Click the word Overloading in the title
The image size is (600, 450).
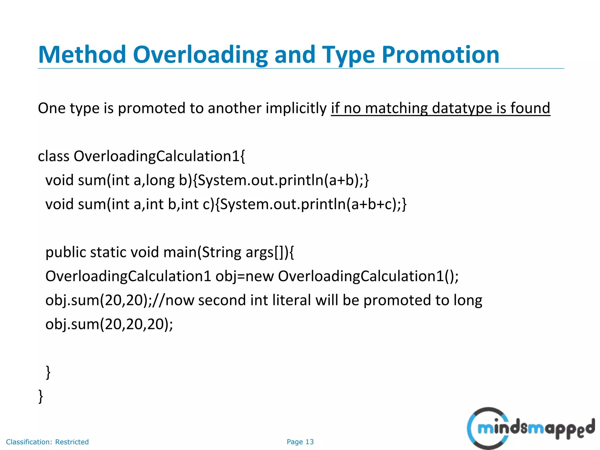coord(200,55)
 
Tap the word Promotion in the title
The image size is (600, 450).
coord(440,55)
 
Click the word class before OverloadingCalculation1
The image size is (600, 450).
coord(54,156)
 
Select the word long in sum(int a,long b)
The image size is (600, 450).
coord(160,180)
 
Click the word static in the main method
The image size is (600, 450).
coord(108,252)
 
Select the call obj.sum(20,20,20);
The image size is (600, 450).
coord(109,324)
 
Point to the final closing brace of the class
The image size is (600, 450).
coord(41,396)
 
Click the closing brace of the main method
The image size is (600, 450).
coord(48,372)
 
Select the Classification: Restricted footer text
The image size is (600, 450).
coord(47,442)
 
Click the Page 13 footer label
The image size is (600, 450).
coord(300,442)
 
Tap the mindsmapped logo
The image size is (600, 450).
coord(530,428)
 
